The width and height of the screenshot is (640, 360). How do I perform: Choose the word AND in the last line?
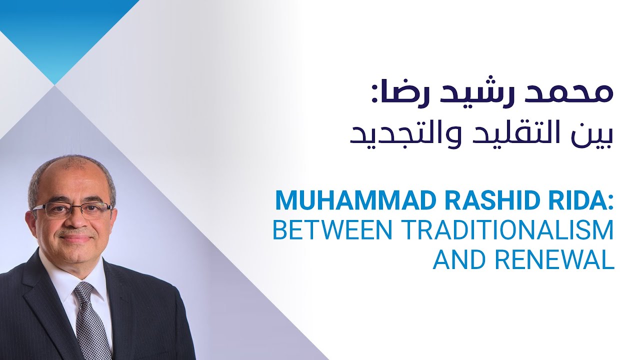456,259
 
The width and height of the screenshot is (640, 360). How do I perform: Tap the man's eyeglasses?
73,210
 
